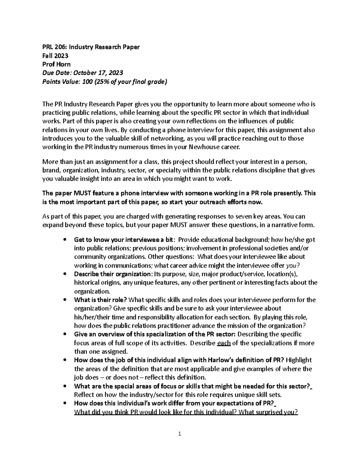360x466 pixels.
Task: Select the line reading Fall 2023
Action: pos(55,56)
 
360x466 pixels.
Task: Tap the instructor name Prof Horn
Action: pos(56,64)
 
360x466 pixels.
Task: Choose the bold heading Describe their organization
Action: pos(113,274)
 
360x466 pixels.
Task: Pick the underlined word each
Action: pos(223,343)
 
